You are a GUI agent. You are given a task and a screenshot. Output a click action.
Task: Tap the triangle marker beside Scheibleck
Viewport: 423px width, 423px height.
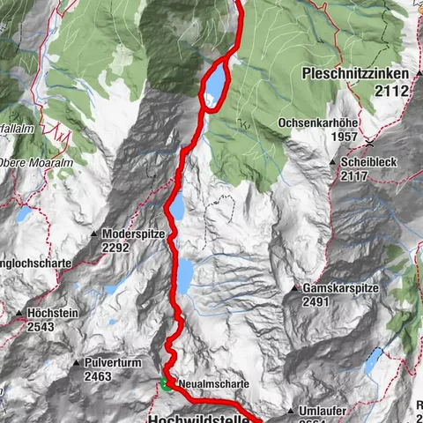[333, 163]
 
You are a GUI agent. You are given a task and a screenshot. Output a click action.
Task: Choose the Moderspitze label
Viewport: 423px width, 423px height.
[133, 234]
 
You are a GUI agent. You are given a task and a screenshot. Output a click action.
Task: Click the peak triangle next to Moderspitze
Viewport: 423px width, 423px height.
[94, 234]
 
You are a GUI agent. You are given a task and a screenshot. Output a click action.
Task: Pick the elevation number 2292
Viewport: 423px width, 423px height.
[115, 248]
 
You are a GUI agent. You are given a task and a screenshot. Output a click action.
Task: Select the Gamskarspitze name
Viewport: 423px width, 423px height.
[338, 288]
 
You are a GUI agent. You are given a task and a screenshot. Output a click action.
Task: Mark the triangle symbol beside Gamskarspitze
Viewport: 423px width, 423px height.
[294, 288]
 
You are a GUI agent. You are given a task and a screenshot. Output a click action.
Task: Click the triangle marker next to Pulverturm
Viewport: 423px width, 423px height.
[78, 362]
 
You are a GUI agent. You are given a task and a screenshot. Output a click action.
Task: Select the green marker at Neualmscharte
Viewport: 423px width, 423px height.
[165, 384]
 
